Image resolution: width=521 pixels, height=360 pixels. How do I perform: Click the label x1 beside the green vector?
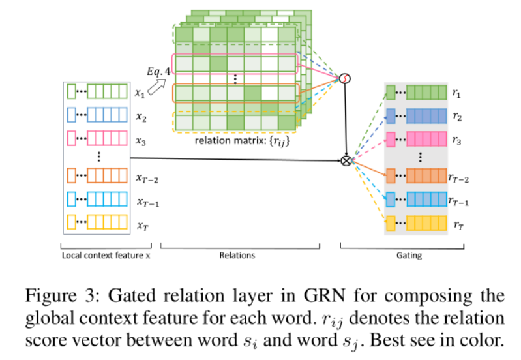[x=140, y=94]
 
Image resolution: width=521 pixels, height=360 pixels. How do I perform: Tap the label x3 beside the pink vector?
[x=140, y=140]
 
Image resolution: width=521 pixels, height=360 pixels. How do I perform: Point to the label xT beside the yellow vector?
[x=141, y=225]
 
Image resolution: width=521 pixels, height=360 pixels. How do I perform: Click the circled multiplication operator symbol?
[x=347, y=160]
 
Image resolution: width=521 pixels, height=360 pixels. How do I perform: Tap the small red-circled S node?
[x=345, y=78]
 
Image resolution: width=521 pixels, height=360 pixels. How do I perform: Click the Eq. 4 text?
[x=159, y=71]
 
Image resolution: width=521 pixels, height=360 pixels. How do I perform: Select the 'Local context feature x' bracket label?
[x=106, y=256]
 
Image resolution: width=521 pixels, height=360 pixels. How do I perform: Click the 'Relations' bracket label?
[x=237, y=256]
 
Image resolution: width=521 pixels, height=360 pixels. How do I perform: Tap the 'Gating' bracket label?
[x=409, y=256]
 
